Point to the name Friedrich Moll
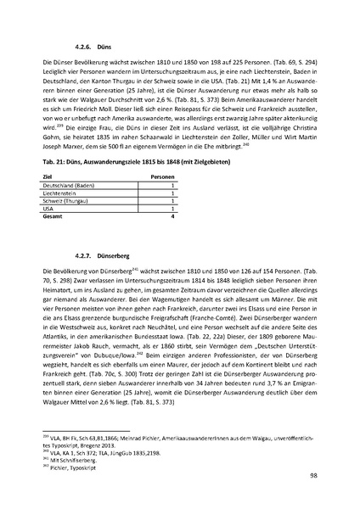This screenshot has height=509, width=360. (90, 112)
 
